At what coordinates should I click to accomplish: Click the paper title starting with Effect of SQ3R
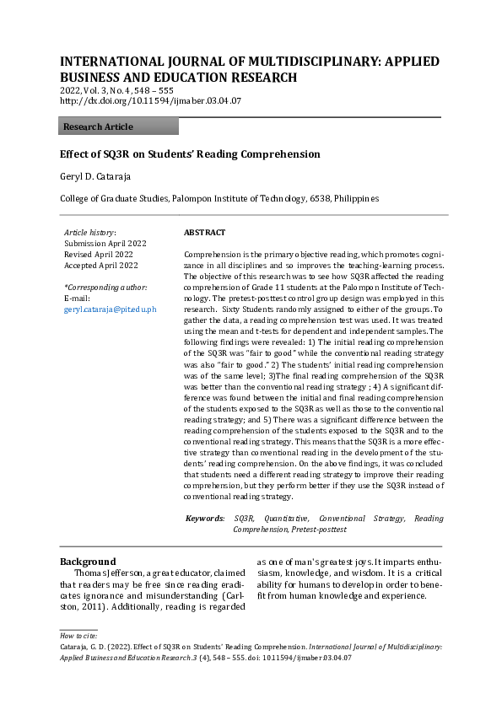pyautogui.click(x=190, y=154)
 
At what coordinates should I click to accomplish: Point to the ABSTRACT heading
pyautogui.click(x=204, y=232)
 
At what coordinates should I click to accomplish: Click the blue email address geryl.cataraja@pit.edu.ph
pyautogui.click(x=111, y=309)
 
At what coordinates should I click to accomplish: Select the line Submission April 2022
pyautogui.click(x=99, y=243)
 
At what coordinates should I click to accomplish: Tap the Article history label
pyautogui.click(x=90, y=232)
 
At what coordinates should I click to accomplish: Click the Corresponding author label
pyautogui.click(x=105, y=288)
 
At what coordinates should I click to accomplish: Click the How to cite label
pyautogui.click(x=78, y=634)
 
